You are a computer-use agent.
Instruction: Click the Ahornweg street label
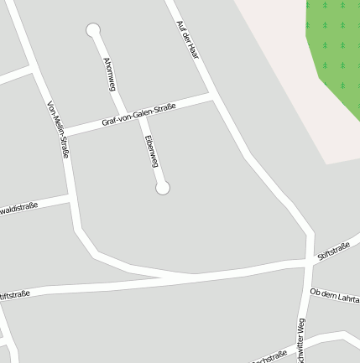[x=109, y=74]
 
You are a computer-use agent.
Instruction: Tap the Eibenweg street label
[x=151, y=151]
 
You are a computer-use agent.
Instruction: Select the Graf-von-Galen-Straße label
[x=138, y=115]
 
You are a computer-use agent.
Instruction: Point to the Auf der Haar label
[x=187, y=39]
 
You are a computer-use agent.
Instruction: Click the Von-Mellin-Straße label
[x=58, y=130]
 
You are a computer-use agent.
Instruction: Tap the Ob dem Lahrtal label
[x=335, y=295]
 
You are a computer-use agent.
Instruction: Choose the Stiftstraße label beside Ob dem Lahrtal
[x=333, y=251]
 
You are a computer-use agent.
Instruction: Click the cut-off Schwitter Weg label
[x=300, y=342]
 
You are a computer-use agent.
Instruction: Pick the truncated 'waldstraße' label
[x=18, y=208]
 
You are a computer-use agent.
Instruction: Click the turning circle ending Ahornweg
[x=93, y=30]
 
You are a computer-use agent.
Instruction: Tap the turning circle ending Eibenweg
[x=163, y=188]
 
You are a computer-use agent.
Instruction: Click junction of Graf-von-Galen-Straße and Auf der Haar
[x=215, y=98]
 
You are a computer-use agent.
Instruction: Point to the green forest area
[x=336, y=42]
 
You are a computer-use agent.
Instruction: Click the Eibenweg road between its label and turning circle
[x=159, y=174]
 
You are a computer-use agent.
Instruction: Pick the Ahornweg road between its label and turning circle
[x=99, y=45]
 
